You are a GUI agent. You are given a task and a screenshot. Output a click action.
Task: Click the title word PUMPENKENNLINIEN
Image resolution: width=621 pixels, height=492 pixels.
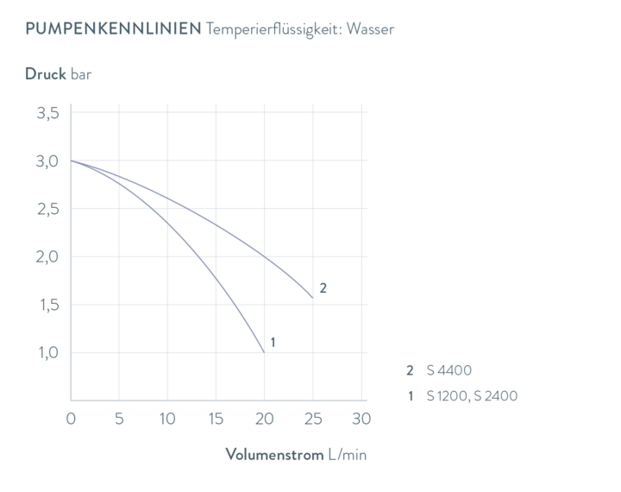coord(111,29)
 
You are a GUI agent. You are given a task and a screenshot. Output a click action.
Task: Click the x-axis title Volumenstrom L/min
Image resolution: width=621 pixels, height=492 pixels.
coord(296,454)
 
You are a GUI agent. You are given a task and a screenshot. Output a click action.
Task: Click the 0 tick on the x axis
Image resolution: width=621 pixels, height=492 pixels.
coord(71,419)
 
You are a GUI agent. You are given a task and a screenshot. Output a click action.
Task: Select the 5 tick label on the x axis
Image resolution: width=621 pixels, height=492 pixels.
coord(119,419)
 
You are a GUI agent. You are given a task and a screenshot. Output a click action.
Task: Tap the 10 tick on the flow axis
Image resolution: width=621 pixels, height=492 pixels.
coord(167,419)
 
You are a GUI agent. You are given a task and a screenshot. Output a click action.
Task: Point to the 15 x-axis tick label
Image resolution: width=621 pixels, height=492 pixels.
coord(216,419)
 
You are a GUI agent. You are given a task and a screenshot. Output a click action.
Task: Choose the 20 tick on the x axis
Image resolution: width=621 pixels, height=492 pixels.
coord(264,419)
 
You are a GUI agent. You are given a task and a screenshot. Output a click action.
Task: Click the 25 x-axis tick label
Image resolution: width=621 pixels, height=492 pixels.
coord(312,419)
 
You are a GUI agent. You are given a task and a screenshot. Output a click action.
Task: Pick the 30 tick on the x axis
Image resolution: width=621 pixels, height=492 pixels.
coord(361,419)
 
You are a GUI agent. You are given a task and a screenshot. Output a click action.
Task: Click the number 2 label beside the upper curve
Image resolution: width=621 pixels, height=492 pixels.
coord(323,288)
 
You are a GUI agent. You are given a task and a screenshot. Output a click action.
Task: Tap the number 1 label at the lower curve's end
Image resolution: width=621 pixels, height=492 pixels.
coord(273,343)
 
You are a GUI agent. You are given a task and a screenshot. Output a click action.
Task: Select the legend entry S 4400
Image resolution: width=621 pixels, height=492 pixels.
coord(449,370)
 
